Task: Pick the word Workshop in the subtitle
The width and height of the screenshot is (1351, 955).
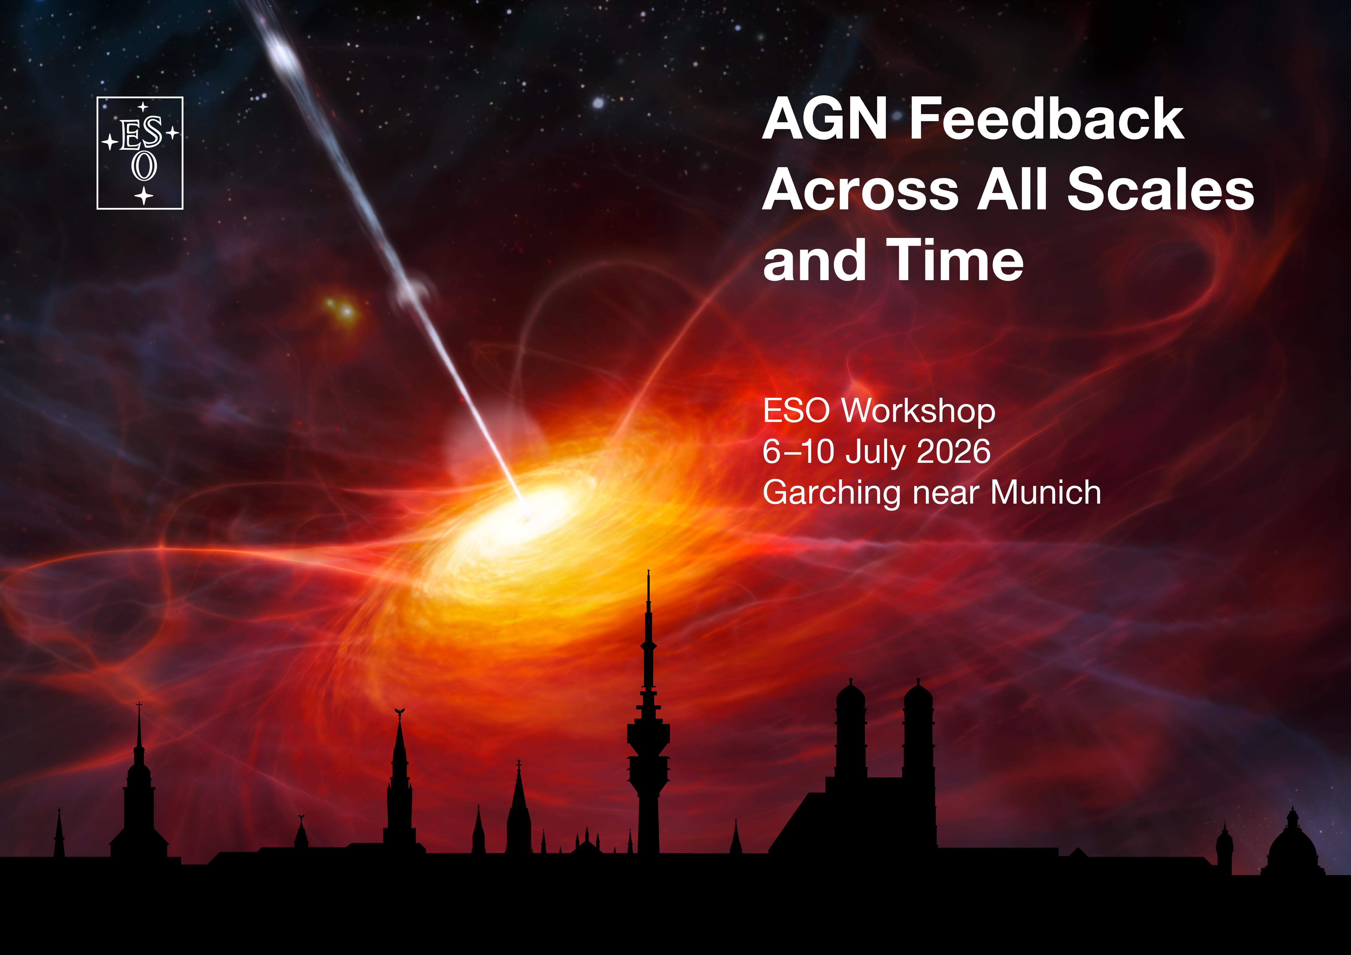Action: (x=919, y=411)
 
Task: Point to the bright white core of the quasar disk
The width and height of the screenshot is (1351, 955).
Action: (x=518, y=518)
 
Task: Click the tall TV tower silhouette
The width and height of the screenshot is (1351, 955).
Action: (x=648, y=735)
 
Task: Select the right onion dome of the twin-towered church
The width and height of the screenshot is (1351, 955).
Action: (x=918, y=696)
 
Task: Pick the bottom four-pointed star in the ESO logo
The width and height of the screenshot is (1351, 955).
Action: (x=144, y=196)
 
